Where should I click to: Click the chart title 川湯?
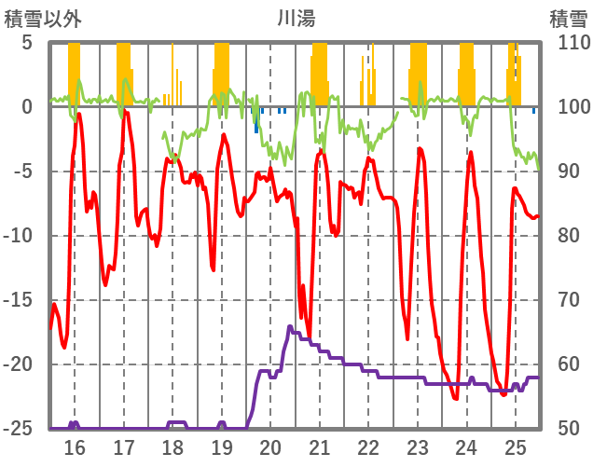point(296,18)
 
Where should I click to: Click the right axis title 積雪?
point(568,18)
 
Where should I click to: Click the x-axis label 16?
point(74,447)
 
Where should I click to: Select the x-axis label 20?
point(270,447)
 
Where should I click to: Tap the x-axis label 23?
point(418,447)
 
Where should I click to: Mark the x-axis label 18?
point(172,447)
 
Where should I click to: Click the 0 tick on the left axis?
point(27,107)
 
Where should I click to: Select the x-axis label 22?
point(368,447)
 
